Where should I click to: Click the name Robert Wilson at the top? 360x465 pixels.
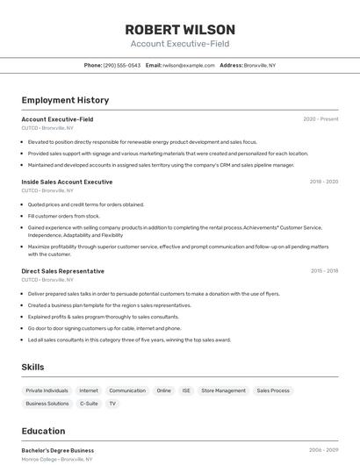point(179,29)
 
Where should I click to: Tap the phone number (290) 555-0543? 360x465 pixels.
point(121,66)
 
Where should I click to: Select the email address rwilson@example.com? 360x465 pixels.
point(187,66)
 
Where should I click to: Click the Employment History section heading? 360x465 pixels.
point(65,100)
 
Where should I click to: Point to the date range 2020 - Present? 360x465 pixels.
point(320,119)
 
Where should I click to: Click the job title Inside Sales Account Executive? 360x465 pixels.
point(67,182)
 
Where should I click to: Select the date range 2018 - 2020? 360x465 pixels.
point(323,182)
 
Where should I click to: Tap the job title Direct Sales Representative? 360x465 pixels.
point(62,271)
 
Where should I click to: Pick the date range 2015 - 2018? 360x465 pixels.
point(324,271)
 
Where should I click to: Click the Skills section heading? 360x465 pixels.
point(32,367)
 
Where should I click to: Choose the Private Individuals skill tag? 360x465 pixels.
point(47,390)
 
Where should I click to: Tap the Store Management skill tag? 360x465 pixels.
point(223,390)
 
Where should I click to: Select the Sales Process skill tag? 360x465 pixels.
point(273,390)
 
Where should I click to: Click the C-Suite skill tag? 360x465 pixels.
point(89,404)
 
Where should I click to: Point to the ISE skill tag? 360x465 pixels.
point(186,390)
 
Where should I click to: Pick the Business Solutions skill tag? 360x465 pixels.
point(47,404)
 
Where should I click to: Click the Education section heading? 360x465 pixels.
point(43,431)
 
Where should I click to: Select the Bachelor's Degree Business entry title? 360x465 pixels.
point(57,450)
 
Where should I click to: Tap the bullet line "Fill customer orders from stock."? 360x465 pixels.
point(63,216)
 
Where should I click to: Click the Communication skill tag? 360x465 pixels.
point(127,390)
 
